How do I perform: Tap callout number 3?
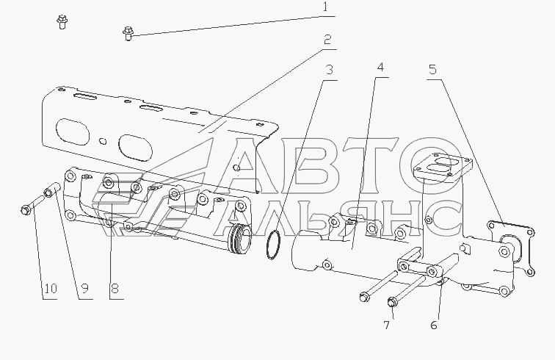pos(330,71)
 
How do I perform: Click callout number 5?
pos(433,71)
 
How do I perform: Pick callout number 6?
pos(434,325)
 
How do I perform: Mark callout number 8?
pos(114,289)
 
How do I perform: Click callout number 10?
pos(49,289)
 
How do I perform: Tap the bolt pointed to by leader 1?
pos(129,33)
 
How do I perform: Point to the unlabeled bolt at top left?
pos(62,22)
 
